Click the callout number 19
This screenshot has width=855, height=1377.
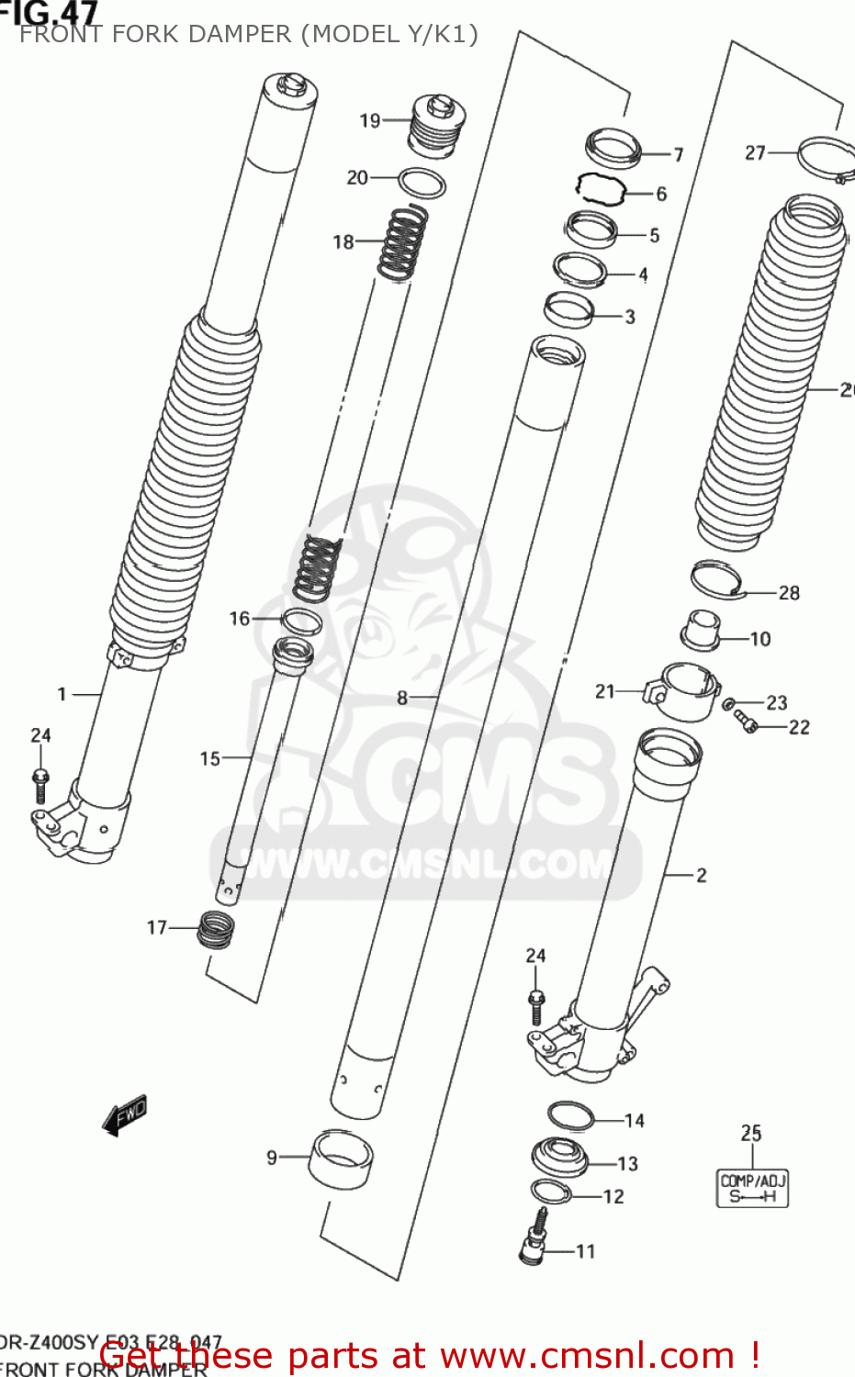pyautogui.click(x=369, y=120)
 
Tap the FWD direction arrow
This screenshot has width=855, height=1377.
pyautogui.click(x=125, y=1115)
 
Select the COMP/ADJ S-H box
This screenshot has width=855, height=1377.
pyautogui.click(x=752, y=1188)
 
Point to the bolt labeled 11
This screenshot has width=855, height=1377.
pyautogui.click(x=534, y=1239)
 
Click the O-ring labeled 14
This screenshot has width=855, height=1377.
pyautogui.click(x=570, y=1116)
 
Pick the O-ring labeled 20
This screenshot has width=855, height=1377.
pyautogui.click(x=422, y=183)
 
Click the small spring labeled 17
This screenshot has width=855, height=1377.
pyautogui.click(x=215, y=929)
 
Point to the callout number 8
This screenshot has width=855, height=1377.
pyautogui.click(x=401, y=698)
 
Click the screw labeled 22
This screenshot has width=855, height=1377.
pyautogui.click(x=746, y=722)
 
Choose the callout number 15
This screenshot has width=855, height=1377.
pyautogui.click(x=209, y=758)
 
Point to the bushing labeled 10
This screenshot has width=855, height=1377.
pyautogui.click(x=699, y=629)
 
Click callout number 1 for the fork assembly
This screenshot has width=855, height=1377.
pyautogui.click(x=62, y=694)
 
